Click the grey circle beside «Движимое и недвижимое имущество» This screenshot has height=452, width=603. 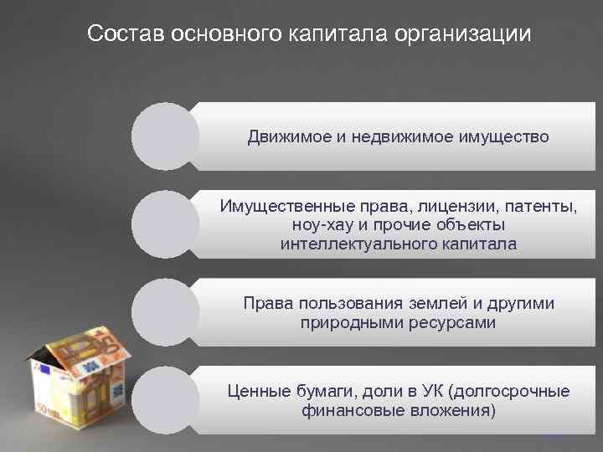point(166,136)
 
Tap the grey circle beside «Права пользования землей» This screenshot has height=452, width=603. point(166,311)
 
